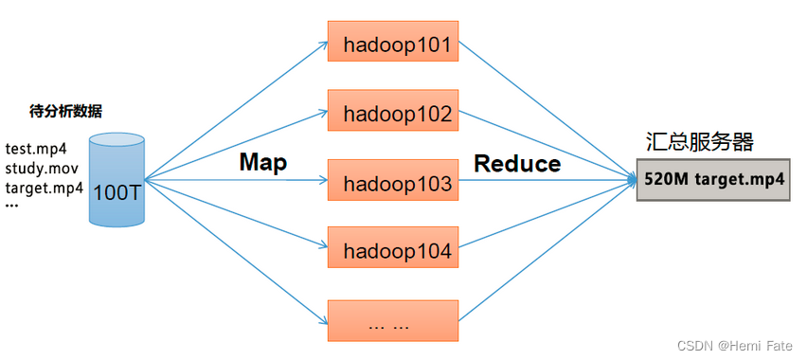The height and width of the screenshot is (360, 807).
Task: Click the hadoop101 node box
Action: pyautogui.click(x=393, y=43)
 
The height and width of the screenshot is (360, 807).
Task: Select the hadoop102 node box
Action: pyautogui.click(x=393, y=113)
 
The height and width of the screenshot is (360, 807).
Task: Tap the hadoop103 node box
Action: pyautogui.click(x=393, y=183)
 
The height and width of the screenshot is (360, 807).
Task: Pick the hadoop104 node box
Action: pyautogui.click(x=393, y=251)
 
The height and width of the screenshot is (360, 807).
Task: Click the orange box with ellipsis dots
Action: pyautogui.click(x=393, y=322)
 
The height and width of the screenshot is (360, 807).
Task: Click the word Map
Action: pyautogui.click(x=262, y=162)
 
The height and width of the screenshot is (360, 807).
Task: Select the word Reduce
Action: pyautogui.click(x=517, y=163)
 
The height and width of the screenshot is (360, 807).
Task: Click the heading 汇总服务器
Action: pyautogui.click(x=700, y=143)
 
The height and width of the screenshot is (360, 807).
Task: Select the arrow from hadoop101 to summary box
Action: pyautogui.click(x=549, y=110)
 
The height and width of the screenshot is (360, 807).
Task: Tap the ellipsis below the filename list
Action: pyautogui.click(x=11, y=206)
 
